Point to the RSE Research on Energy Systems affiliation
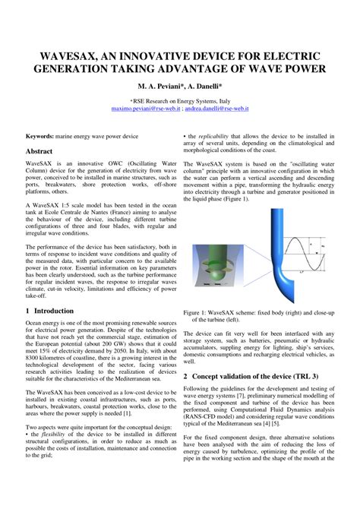point(179,100)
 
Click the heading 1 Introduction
point(49,311)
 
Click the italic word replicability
point(222,135)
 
